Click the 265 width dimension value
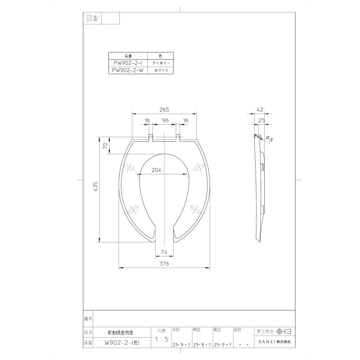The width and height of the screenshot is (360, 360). pyautogui.click(x=164, y=110)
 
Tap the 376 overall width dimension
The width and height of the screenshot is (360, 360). pyautogui.click(x=164, y=264)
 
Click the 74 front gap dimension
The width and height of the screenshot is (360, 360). pyautogui.click(x=164, y=251)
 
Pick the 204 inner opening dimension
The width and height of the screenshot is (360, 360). pyautogui.click(x=156, y=170)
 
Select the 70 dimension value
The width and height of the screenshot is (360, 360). pyautogui.click(x=105, y=146)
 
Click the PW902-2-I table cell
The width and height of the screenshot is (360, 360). pyautogui.click(x=128, y=63)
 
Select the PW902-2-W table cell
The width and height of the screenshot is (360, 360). pyautogui.click(x=128, y=70)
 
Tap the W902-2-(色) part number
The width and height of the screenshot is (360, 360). pyautogui.click(x=122, y=342)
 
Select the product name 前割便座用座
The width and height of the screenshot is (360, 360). pyautogui.click(x=122, y=332)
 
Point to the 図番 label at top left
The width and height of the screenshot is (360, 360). pyautogui.click(x=92, y=18)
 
